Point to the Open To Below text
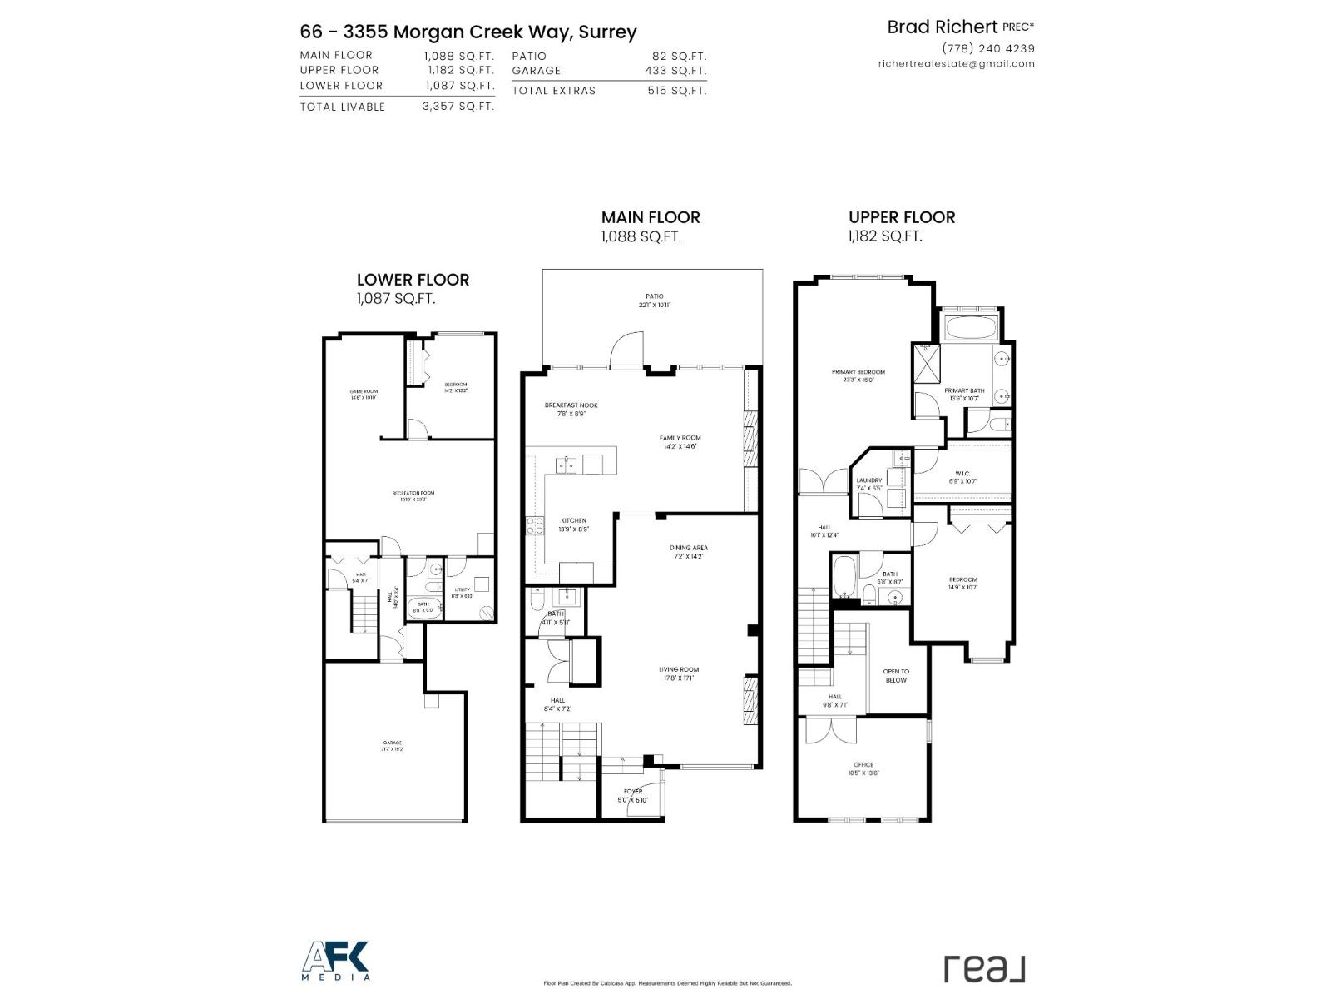[x=896, y=675]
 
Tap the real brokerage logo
[x=984, y=968]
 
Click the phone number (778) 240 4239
[x=988, y=48]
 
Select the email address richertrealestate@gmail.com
[x=957, y=63]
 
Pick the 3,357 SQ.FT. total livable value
[x=458, y=107]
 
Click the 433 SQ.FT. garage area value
[x=675, y=71]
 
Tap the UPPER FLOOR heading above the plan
[x=902, y=217]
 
